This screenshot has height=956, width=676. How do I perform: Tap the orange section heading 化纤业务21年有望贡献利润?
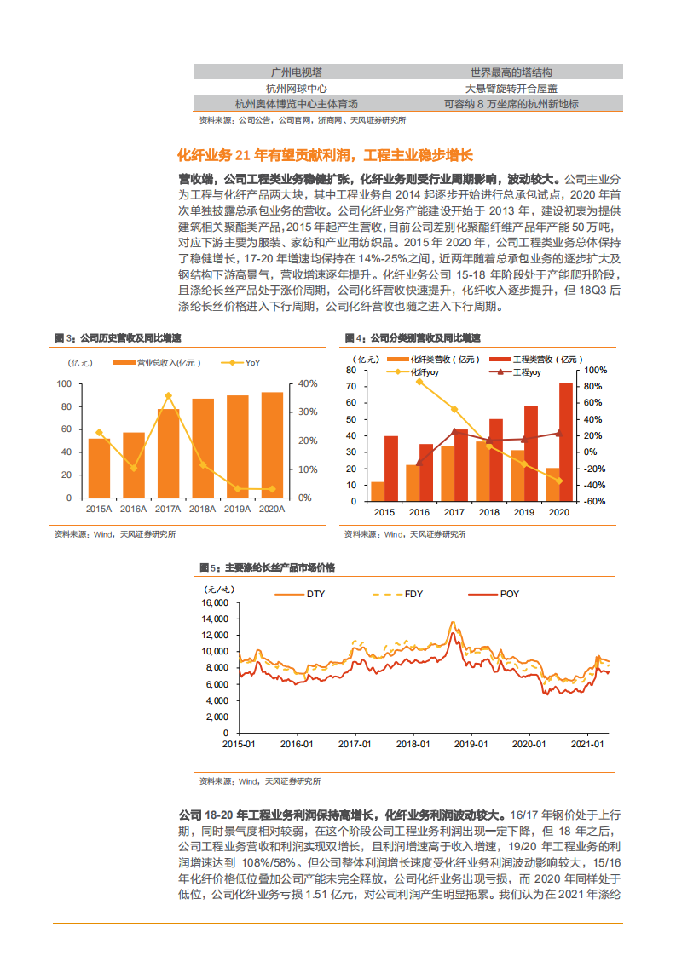[324, 155]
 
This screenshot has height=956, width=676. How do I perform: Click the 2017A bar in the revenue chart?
[169, 453]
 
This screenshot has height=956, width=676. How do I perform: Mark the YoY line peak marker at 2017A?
[169, 395]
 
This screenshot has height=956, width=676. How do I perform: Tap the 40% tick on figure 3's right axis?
[308, 383]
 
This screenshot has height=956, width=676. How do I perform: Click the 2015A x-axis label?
[99, 509]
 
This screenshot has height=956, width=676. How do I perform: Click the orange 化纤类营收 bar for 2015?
[378, 492]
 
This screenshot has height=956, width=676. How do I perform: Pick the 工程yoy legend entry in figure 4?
[522, 372]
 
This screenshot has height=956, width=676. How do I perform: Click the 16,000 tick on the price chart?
[215, 603]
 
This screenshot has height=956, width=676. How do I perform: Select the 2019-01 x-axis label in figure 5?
[470, 745]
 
